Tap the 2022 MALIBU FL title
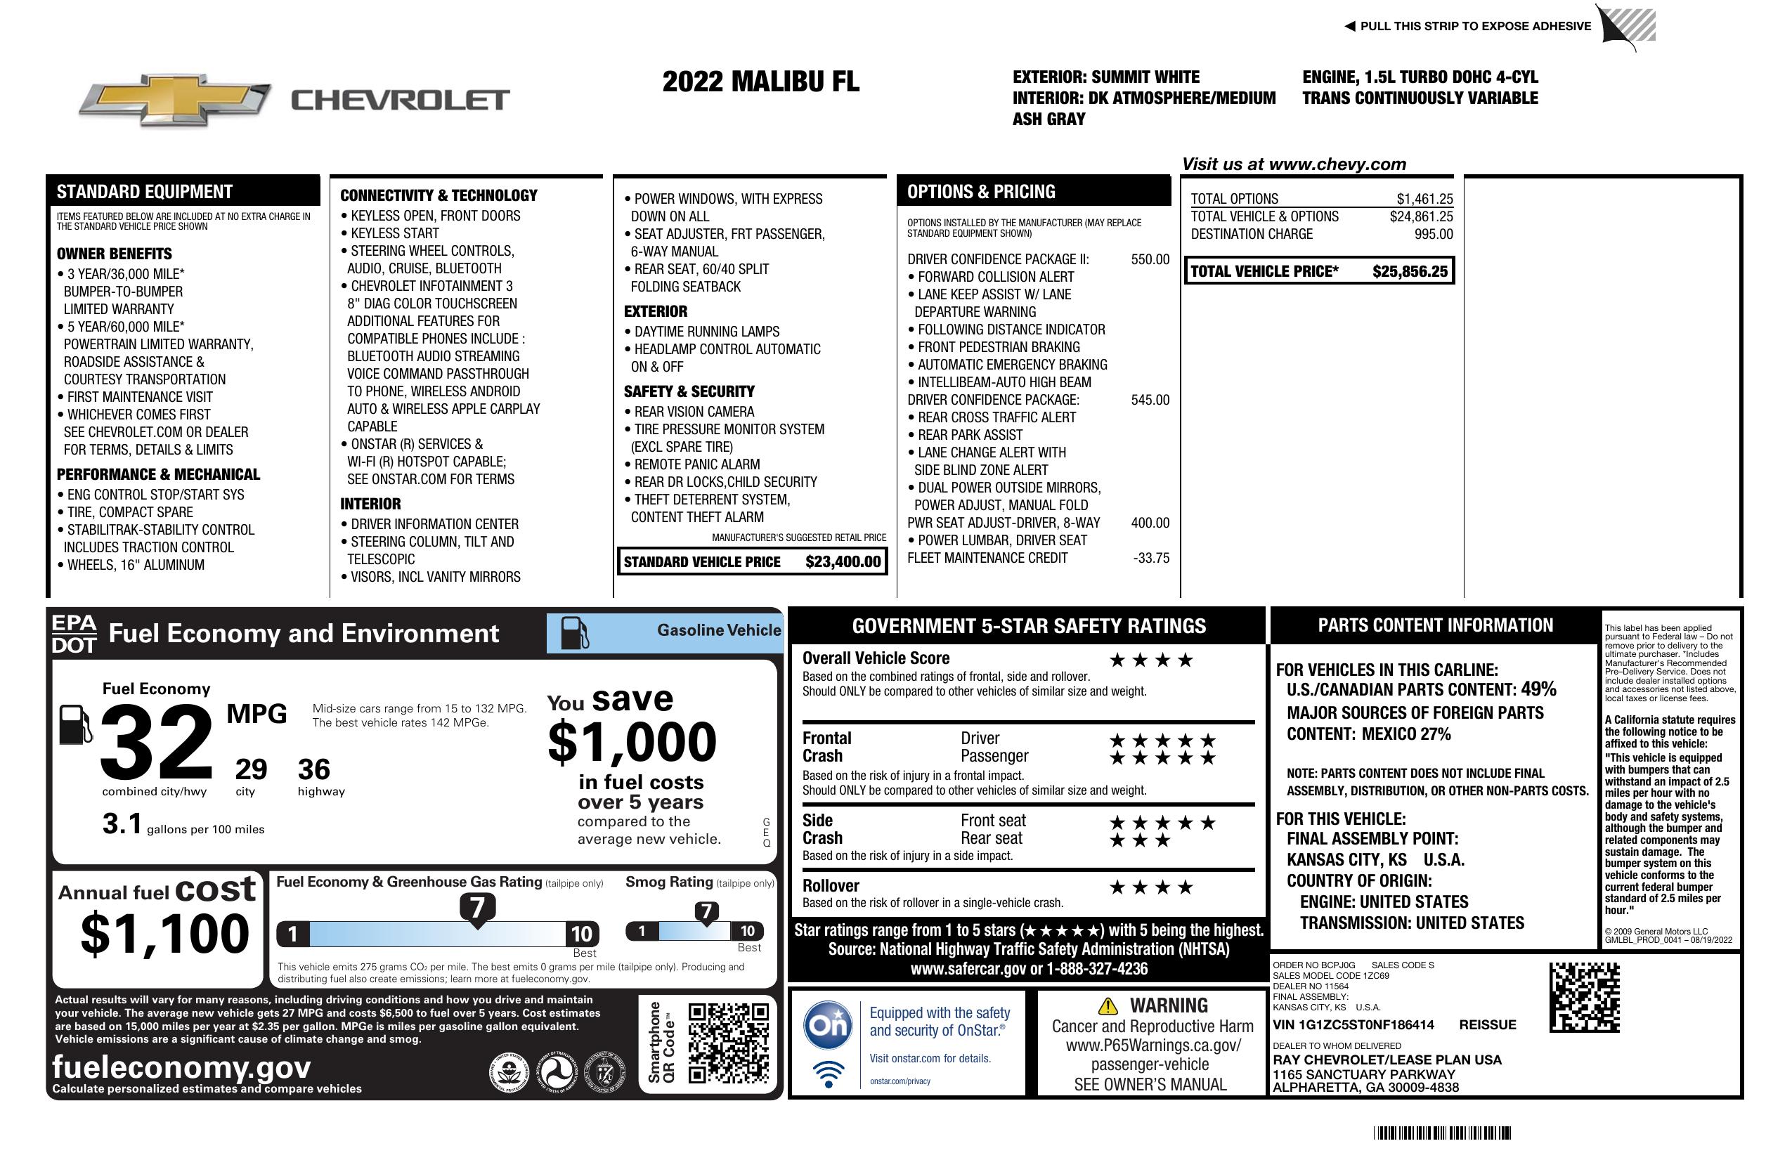coord(760,82)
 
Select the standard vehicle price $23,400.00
coord(843,561)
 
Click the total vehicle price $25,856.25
coord(1409,272)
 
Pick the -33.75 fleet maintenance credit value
coord(1151,559)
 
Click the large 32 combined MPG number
coord(157,742)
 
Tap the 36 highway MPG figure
coord(313,769)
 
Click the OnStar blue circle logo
coord(828,1024)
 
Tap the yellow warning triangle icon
coord(1108,1005)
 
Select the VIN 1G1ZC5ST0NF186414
coord(1353,1025)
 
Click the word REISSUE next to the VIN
coord(1487,1025)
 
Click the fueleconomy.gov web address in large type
coord(181,1067)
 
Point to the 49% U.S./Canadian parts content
coord(1538,689)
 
